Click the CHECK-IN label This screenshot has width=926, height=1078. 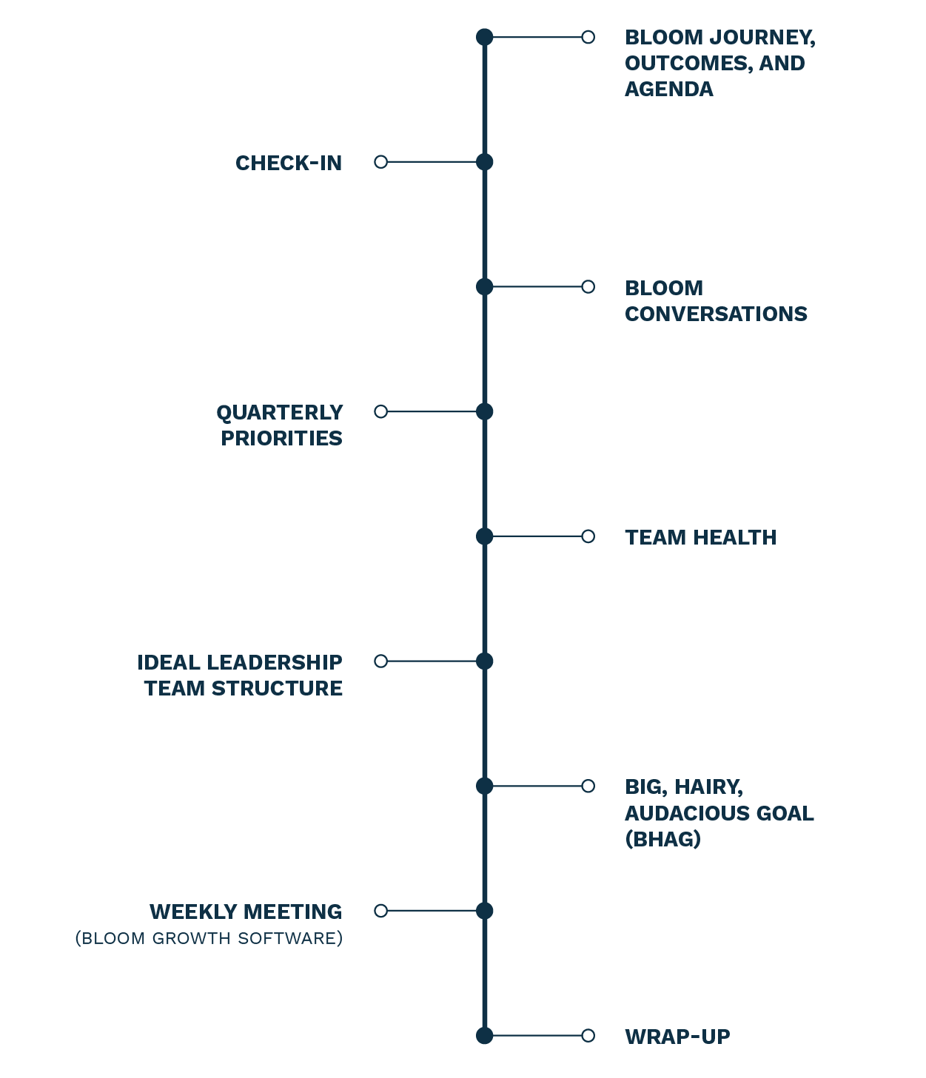click(x=289, y=163)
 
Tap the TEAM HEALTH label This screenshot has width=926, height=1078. click(x=700, y=537)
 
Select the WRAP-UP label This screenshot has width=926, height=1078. click(x=677, y=1037)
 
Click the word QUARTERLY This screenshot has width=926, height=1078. click(x=280, y=412)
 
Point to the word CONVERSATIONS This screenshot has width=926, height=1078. click(x=716, y=314)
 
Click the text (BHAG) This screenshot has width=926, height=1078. click(x=662, y=839)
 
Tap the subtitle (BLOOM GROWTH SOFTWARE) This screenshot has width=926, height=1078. click(x=209, y=938)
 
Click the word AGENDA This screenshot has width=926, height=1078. click(x=668, y=89)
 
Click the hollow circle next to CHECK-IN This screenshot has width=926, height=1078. click(x=380, y=162)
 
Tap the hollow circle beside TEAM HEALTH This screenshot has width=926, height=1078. click(x=588, y=536)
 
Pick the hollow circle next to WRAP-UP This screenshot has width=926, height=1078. click(x=588, y=1036)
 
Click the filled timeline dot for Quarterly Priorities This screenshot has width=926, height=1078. click(x=484, y=411)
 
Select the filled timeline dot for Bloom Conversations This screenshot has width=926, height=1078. click(x=484, y=286)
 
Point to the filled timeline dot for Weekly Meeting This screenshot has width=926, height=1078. click(x=484, y=911)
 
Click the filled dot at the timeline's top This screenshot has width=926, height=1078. click(x=484, y=37)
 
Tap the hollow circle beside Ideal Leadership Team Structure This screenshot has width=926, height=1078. click(x=380, y=661)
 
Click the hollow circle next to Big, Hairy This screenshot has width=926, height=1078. click(x=588, y=786)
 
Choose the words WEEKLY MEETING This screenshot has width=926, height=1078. click(x=246, y=912)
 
